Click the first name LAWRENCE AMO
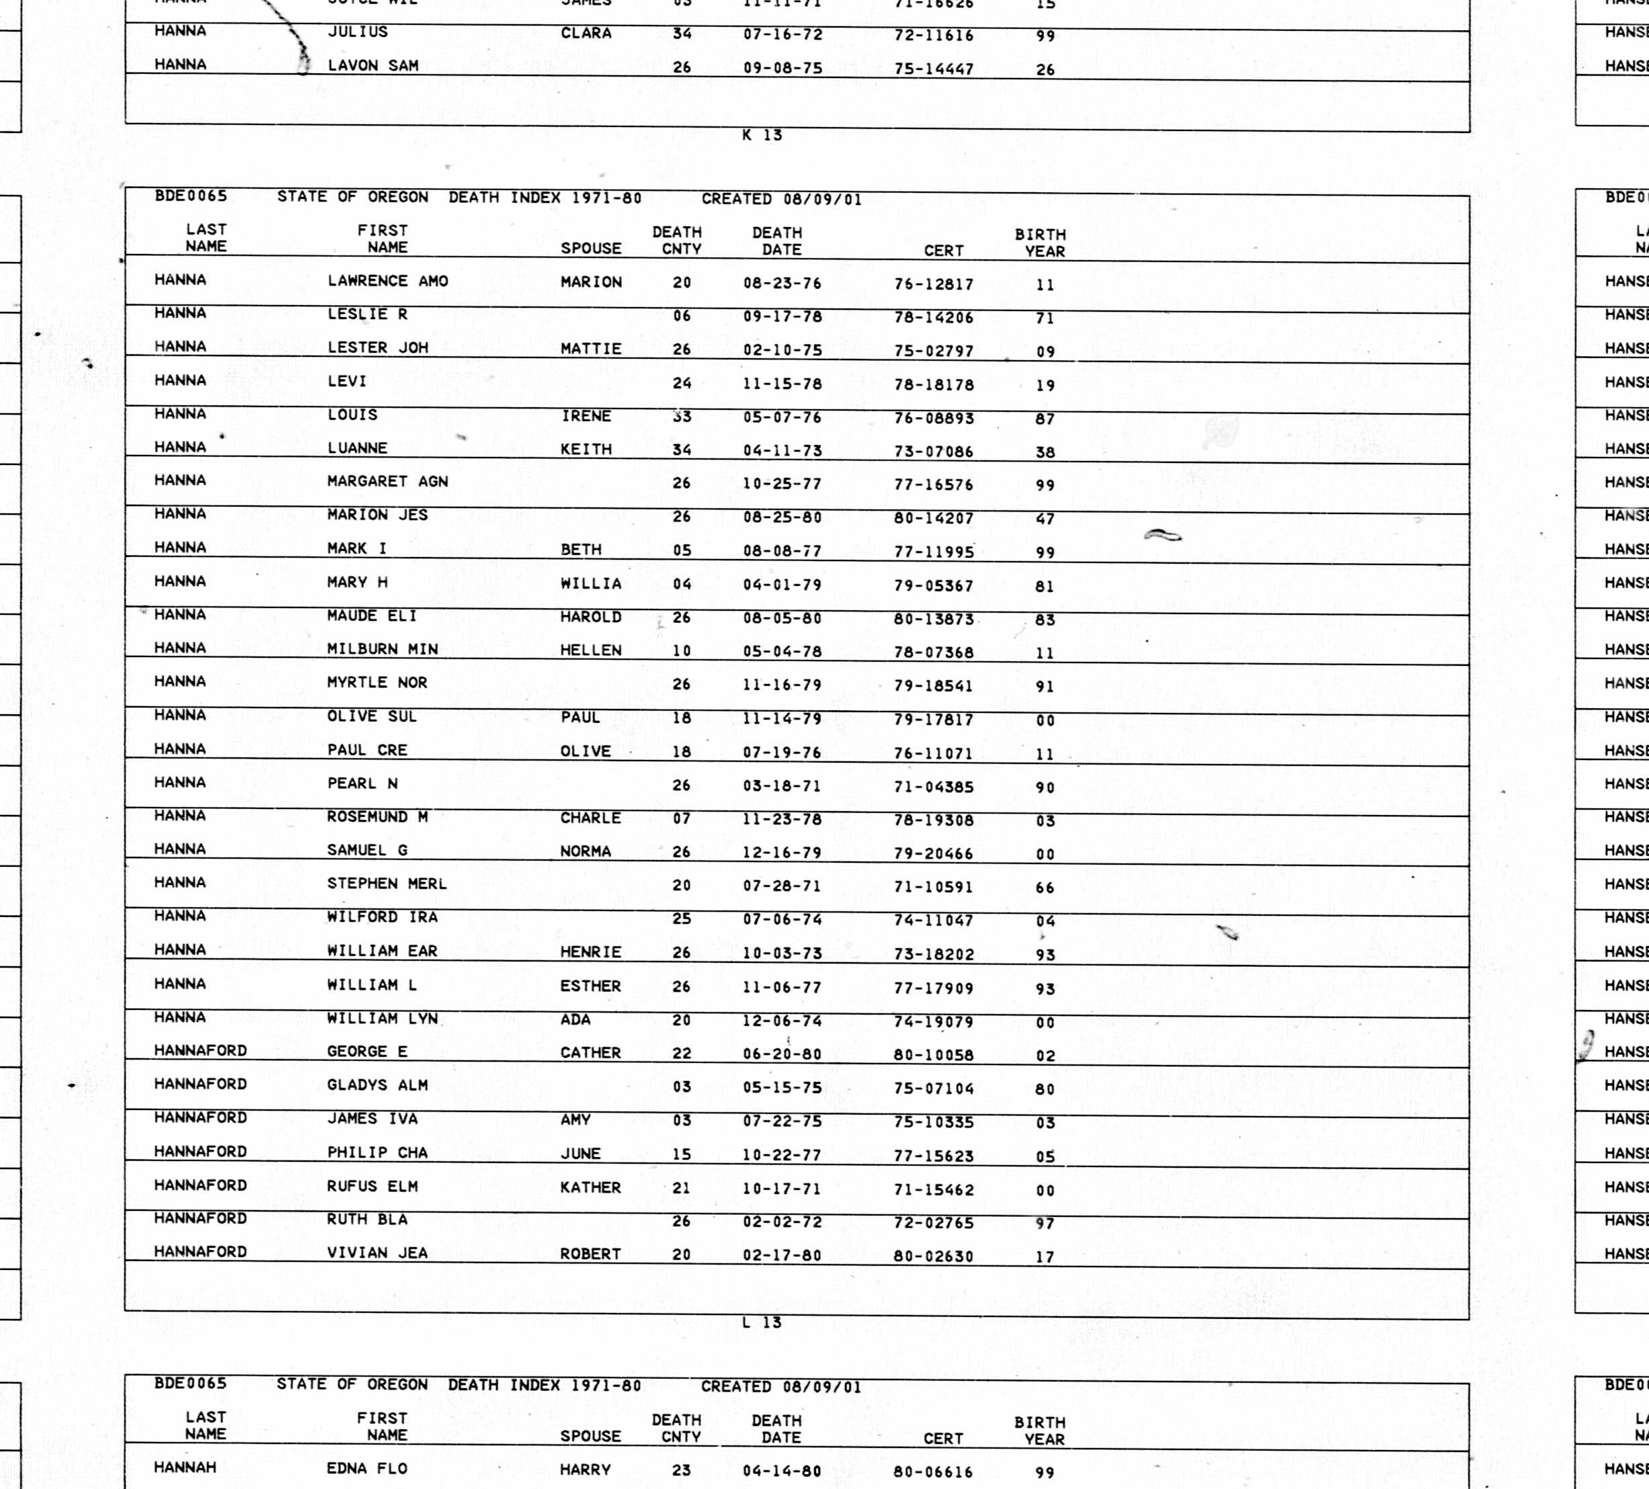pos(388,282)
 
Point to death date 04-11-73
pos(782,451)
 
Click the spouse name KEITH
pos(586,449)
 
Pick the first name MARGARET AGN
pos(388,482)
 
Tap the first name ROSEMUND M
pos(378,817)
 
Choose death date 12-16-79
pos(782,853)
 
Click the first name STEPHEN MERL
pos(387,884)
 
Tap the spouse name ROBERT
pos(591,1254)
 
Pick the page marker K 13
pos(762,135)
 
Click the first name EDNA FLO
pos(366,1469)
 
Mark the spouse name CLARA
pos(586,34)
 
